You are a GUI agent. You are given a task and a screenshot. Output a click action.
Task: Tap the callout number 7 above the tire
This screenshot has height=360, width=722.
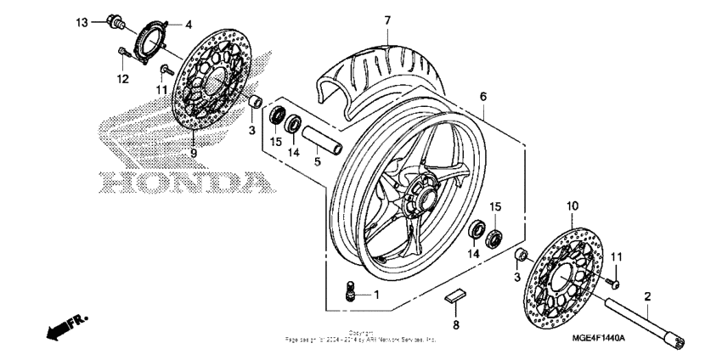point(386,20)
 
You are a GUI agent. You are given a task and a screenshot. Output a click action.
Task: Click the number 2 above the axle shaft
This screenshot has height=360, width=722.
point(646,296)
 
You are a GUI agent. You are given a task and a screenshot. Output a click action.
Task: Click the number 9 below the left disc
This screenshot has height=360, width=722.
point(193,154)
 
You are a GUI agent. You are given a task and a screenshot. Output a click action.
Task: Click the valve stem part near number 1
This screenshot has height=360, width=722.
point(347,292)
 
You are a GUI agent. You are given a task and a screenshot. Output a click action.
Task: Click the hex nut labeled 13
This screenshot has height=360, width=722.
point(113,22)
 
